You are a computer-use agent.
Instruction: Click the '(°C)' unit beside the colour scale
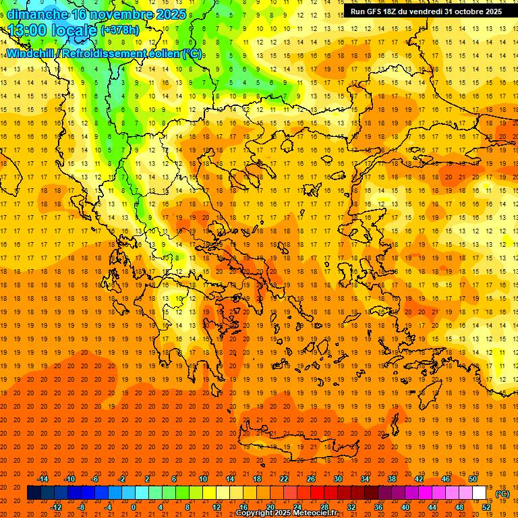502,494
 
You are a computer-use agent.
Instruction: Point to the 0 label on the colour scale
134,507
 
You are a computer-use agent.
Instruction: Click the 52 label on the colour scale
486,507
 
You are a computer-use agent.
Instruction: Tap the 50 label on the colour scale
473,479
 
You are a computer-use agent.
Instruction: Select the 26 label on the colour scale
311,479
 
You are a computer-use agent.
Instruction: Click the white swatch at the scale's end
480,493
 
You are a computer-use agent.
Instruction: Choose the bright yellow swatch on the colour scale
210,493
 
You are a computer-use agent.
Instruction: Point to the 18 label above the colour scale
257,479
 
